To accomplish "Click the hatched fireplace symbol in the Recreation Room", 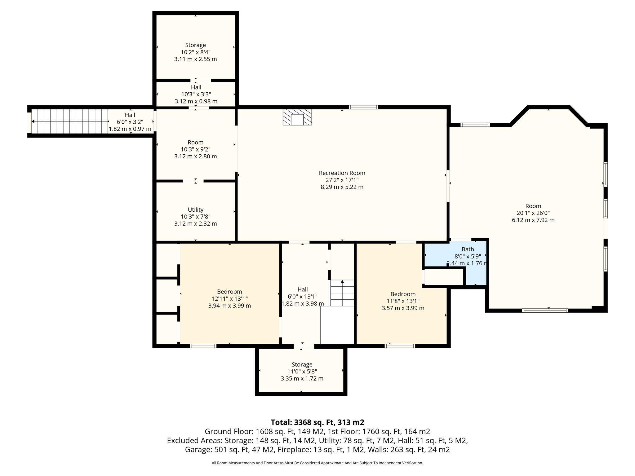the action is tap(297, 117).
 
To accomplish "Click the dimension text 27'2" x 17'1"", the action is tap(342, 180).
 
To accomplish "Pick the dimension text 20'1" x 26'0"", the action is tap(533, 213).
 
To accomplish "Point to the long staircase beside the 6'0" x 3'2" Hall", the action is tap(70, 121).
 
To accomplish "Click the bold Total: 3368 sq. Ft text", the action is tap(317, 422).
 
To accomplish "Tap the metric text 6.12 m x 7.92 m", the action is tap(533, 220).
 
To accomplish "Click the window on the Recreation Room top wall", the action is tap(363, 107).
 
